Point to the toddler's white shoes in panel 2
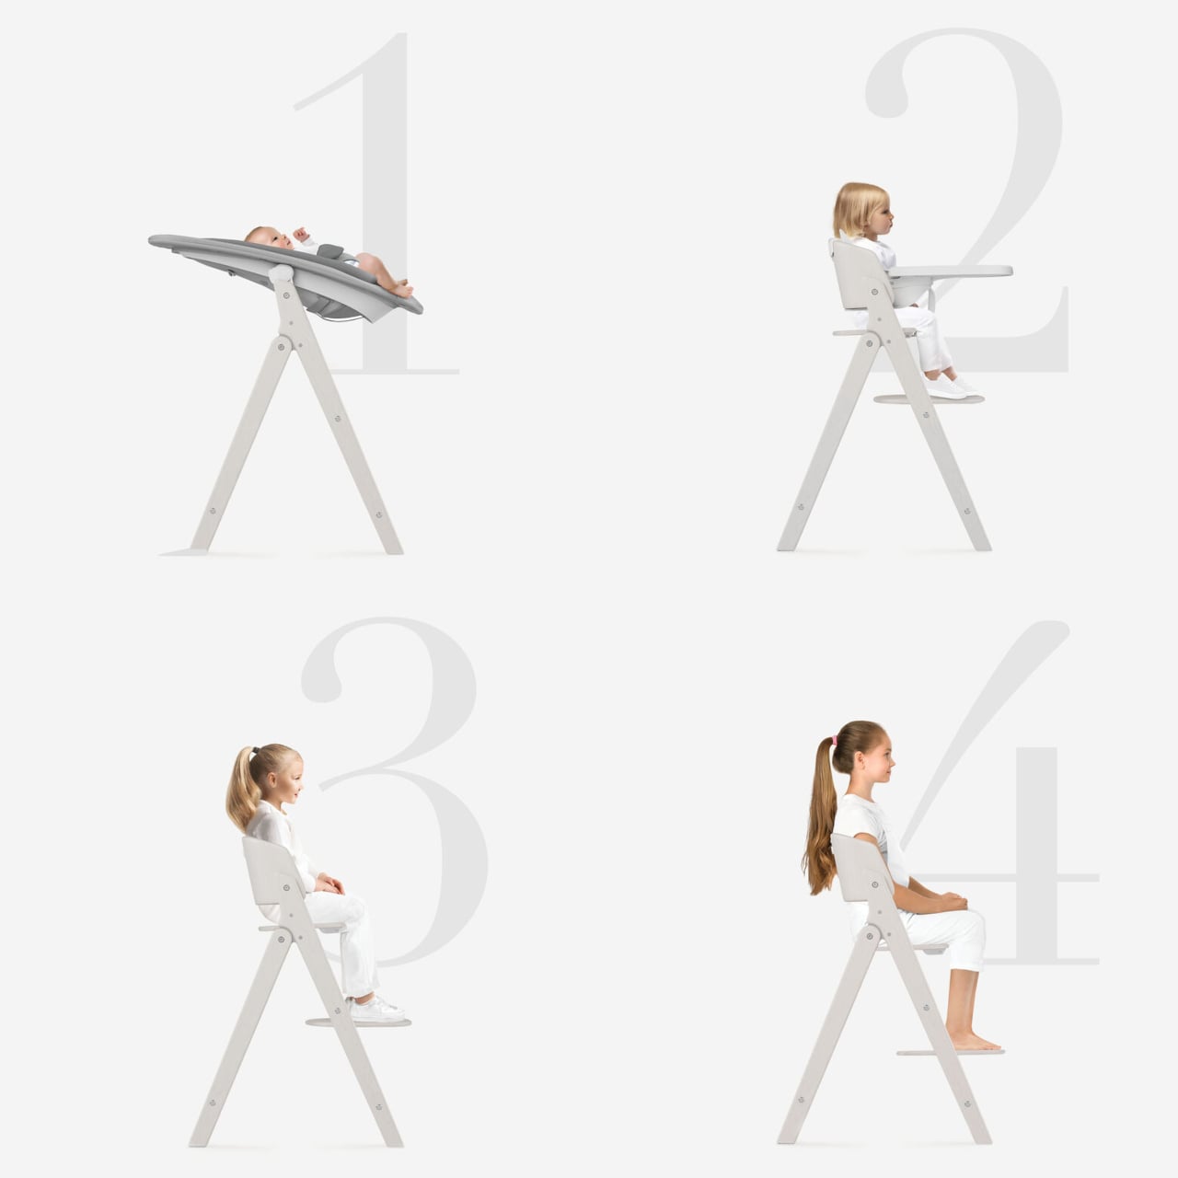[x=951, y=386]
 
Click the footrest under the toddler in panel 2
[x=929, y=399]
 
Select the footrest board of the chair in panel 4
[x=950, y=1053]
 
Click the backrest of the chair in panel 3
[x=272, y=872]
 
